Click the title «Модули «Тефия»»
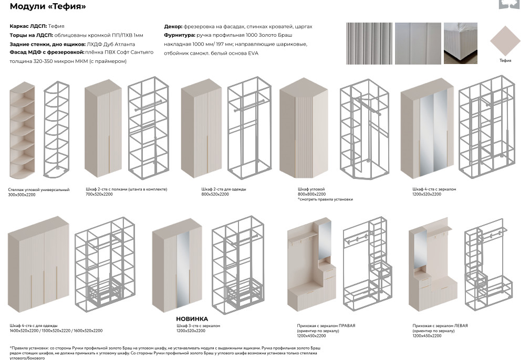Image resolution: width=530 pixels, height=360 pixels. pos(48,7)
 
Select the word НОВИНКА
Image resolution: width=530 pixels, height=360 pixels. pos(192,319)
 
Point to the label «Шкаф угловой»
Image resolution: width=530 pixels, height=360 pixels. pos(311,189)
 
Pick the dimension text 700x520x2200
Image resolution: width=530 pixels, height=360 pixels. pos(99,194)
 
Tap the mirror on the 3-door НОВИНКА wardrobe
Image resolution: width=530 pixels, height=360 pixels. pos(182,269)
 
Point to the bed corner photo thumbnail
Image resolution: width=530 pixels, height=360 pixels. pos(460,44)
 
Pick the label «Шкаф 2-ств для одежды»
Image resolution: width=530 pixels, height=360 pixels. pos(223,189)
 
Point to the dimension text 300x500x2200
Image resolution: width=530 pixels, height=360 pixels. pos(23,195)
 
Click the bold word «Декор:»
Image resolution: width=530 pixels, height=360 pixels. pos(173,26)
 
